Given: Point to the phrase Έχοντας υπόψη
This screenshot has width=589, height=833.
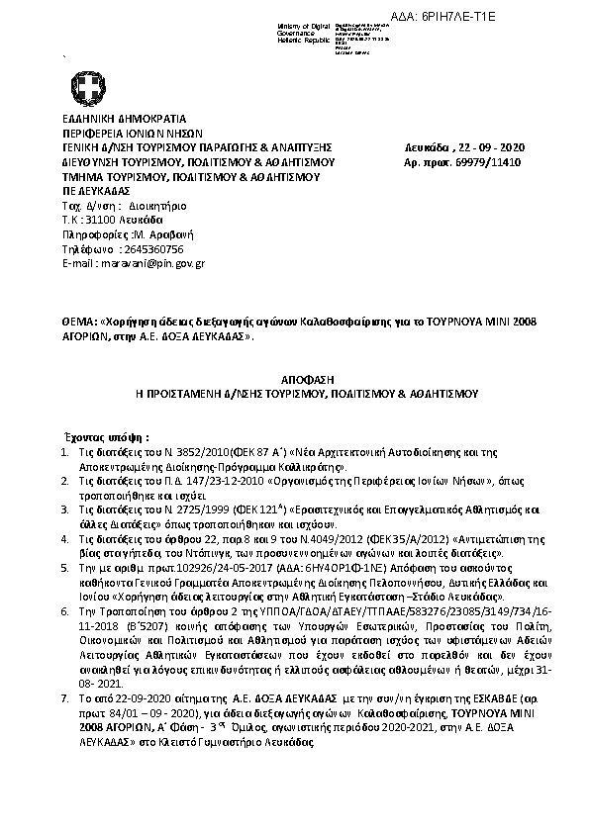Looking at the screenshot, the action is point(107,436).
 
